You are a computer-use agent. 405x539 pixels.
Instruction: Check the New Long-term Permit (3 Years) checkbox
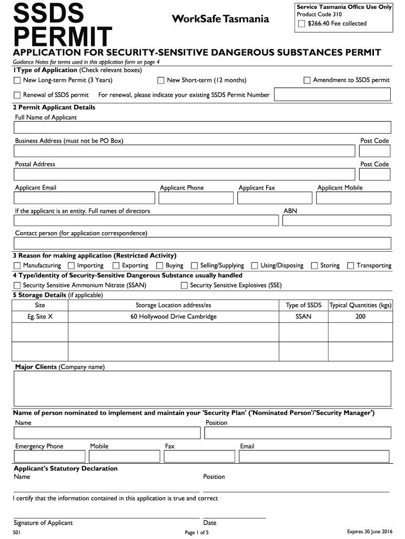pyautogui.click(x=17, y=81)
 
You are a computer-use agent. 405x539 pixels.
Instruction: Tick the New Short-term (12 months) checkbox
pyautogui.click(x=161, y=81)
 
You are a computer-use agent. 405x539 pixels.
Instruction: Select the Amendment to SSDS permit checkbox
pyautogui.click(x=307, y=81)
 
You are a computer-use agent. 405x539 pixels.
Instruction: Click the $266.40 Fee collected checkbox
pyautogui.click(x=301, y=24)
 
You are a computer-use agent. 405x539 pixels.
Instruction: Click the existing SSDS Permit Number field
pyautogui.click(x=332, y=94)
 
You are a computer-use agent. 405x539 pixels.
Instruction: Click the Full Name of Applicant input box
pyautogui.click(x=202, y=127)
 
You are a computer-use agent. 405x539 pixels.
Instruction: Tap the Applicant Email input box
pyautogui.click(x=84, y=198)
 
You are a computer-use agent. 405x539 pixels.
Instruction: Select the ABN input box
pyautogui.click(x=337, y=220)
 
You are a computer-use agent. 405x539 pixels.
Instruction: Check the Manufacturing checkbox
pyautogui.click(x=17, y=266)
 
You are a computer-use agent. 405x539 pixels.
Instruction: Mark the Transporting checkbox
pyautogui.click(x=351, y=266)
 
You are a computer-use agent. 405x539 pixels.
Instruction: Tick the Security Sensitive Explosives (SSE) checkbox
pyautogui.click(x=184, y=286)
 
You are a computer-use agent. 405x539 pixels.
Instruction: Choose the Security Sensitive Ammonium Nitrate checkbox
pyautogui.click(x=17, y=286)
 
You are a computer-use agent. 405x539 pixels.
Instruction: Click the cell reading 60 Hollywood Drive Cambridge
pyautogui.click(x=174, y=317)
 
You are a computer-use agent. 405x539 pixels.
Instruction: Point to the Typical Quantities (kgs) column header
pyautogui.click(x=360, y=305)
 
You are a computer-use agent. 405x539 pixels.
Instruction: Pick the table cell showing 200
pyautogui.click(x=360, y=317)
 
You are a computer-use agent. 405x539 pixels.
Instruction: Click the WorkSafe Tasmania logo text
pyautogui.click(x=220, y=19)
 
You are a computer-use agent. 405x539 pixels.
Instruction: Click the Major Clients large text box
pyautogui.click(x=202, y=389)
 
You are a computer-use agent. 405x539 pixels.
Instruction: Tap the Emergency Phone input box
pyautogui.click(x=49, y=456)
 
